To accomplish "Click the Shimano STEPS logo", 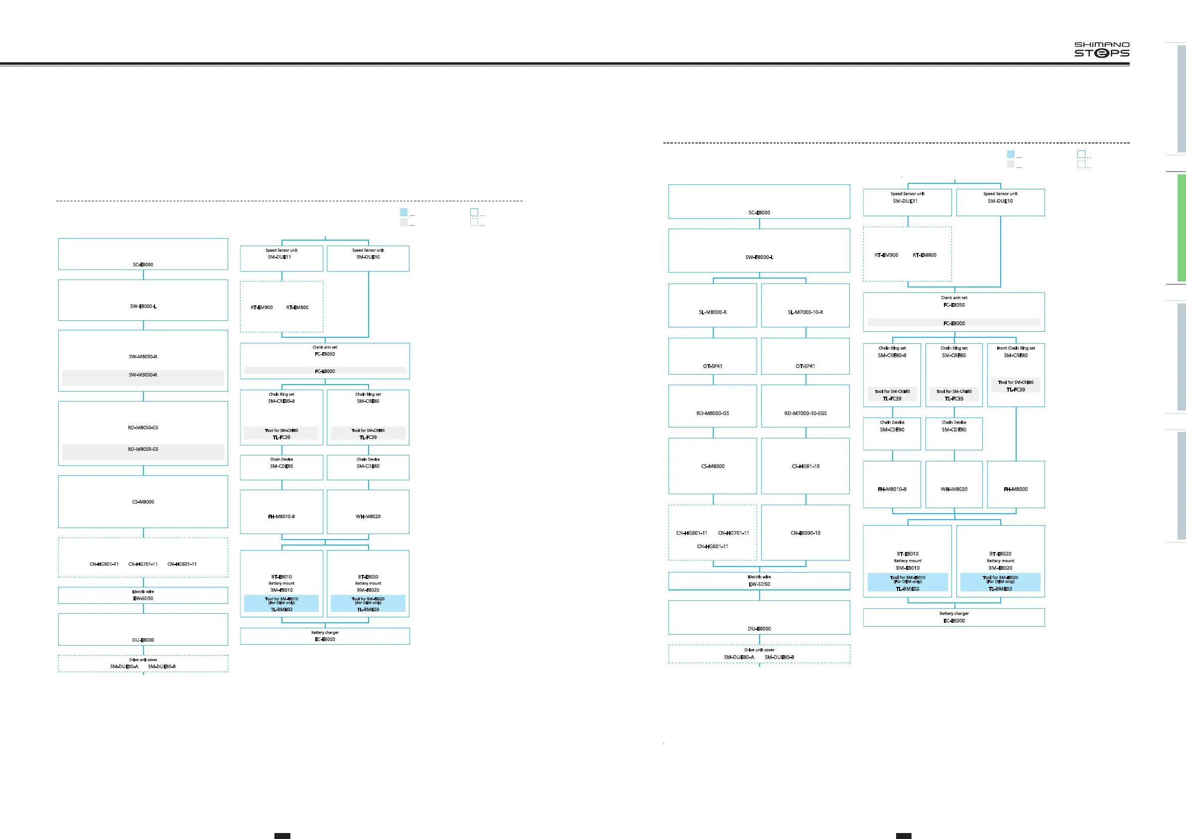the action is tap(1101, 50).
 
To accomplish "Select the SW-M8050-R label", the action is tap(143, 356).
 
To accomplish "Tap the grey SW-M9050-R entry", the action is tap(143, 375).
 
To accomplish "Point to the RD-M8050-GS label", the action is tap(143, 428).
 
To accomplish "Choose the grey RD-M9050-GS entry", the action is tap(143, 449).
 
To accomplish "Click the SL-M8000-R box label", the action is tap(712, 312).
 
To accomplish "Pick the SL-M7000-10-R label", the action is tap(805, 312).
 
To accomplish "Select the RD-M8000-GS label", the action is tap(712, 414).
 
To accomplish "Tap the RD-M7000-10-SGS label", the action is tap(805, 414).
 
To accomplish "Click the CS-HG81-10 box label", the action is tap(805, 466).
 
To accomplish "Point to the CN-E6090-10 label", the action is tap(805, 533).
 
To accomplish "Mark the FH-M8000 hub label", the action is tap(1016, 489).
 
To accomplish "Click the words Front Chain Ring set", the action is tap(1016, 348).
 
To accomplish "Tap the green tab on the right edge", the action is tap(1181, 227).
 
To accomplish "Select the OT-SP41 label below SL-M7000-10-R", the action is tap(805, 366).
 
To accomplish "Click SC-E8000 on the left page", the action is tap(143, 265).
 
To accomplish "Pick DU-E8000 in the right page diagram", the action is tap(759, 629).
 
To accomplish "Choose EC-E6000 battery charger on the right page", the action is tap(953, 621).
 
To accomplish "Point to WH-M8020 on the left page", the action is tap(368, 517).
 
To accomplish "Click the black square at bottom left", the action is tap(282, 836).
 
